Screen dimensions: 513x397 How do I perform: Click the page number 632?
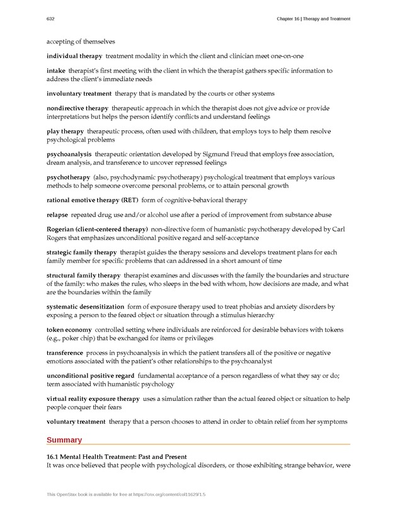click(50, 19)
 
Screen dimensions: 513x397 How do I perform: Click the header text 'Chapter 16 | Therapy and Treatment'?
click(313, 19)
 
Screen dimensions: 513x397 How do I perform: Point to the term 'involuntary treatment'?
click(78, 93)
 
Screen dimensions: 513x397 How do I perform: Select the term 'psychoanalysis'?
click(69, 154)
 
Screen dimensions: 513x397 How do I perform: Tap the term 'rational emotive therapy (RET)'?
click(92, 200)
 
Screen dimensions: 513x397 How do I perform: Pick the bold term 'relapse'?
click(59, 215)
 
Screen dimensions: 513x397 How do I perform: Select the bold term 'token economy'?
click(69, 329)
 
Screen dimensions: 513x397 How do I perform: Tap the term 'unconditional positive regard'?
click(89, 376)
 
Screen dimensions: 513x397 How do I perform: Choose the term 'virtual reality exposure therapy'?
click(93, 398)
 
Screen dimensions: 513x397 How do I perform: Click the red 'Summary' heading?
click(64, 439)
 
